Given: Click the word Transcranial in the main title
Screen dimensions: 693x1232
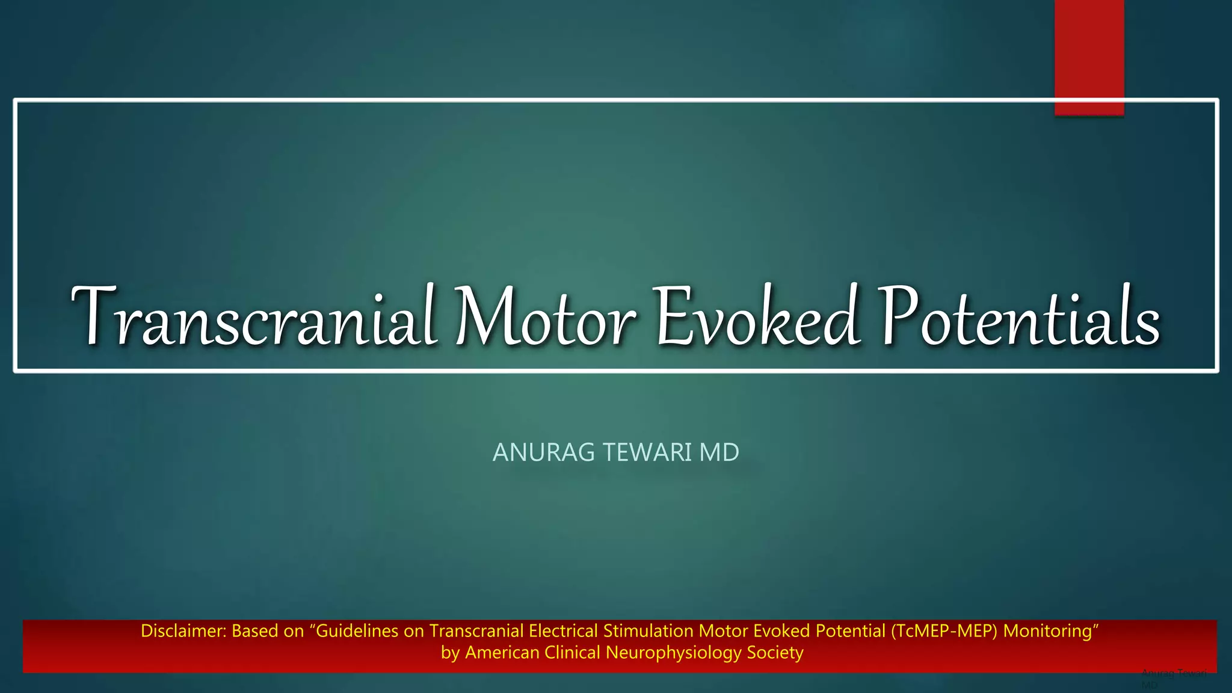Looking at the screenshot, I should (253, 317).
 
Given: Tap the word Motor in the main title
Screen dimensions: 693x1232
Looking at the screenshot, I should (545, 317).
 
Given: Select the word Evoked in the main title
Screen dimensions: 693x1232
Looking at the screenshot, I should (758, 317).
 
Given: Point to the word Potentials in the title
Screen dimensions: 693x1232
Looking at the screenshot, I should (1020, 317).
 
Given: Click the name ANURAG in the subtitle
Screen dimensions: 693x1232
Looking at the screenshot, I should (543, 452).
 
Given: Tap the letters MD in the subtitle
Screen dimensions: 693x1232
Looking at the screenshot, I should (719, 452).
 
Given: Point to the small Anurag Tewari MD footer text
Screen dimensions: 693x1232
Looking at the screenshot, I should (1173, 677).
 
